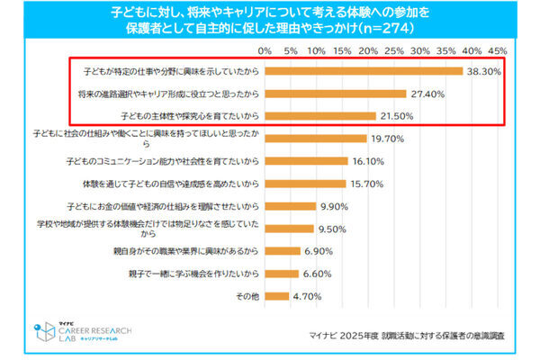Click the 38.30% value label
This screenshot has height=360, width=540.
[x=485, y=70]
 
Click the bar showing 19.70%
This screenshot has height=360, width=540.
[x=316, y=138]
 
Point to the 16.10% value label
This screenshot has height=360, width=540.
[x=369, y=161]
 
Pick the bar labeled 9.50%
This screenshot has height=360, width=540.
[x=289, y=229]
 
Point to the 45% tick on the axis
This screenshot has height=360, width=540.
[x=498, y=50]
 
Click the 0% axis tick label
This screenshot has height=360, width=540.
[x=265, y=50]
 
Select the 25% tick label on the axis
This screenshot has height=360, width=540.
[x=394, y=50]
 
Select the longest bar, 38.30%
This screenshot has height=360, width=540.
[x=364, y=70]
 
